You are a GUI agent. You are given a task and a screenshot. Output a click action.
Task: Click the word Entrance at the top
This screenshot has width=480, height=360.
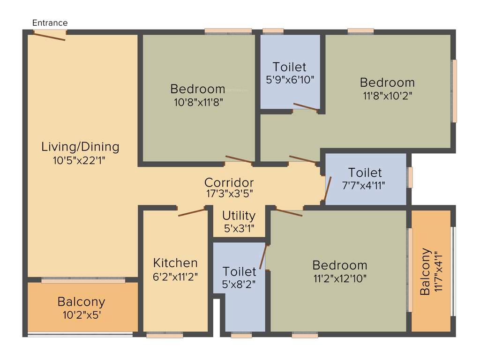pos(50,22)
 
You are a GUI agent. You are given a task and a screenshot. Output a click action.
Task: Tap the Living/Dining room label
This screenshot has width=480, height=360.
pos(80,147)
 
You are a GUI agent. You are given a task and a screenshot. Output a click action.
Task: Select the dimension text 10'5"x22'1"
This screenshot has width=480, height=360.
pos(80,160)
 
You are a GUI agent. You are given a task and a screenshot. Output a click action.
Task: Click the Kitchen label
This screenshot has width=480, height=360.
pos(175,263)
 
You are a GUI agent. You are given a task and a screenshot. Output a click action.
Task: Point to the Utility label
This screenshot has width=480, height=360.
pos(239,216)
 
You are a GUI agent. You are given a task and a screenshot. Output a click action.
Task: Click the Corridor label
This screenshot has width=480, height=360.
pos(229,182)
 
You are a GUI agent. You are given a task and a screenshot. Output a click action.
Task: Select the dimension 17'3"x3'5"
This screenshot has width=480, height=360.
pos(229,193)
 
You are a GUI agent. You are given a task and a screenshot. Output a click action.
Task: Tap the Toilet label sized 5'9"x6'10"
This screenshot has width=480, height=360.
pos(290,67)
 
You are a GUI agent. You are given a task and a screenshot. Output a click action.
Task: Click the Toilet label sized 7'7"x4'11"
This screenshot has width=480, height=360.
pos(365,172)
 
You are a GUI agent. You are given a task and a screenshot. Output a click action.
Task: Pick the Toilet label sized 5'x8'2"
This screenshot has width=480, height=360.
pos(239,271)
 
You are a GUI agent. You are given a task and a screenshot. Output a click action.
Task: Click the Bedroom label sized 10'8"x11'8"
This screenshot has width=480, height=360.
pos(198,89)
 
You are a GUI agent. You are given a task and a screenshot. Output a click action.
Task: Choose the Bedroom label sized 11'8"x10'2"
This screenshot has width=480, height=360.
pos(387,82)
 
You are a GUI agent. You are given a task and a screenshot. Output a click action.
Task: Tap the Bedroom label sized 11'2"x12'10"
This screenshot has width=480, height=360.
pos(340,265)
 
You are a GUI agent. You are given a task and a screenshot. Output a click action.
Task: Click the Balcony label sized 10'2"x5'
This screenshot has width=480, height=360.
pos(81,301)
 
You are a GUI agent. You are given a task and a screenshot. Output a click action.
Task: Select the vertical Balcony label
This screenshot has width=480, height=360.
pos(426,271)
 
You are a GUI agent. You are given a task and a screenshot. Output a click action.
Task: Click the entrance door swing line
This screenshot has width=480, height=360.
pos(49,37)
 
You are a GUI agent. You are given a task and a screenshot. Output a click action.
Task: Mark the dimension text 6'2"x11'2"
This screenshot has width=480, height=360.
pos(175,276)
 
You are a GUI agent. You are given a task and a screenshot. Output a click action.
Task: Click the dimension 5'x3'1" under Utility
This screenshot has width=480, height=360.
pos(239,228)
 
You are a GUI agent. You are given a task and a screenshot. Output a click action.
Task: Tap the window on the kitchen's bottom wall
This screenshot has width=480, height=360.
pos(165,335)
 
